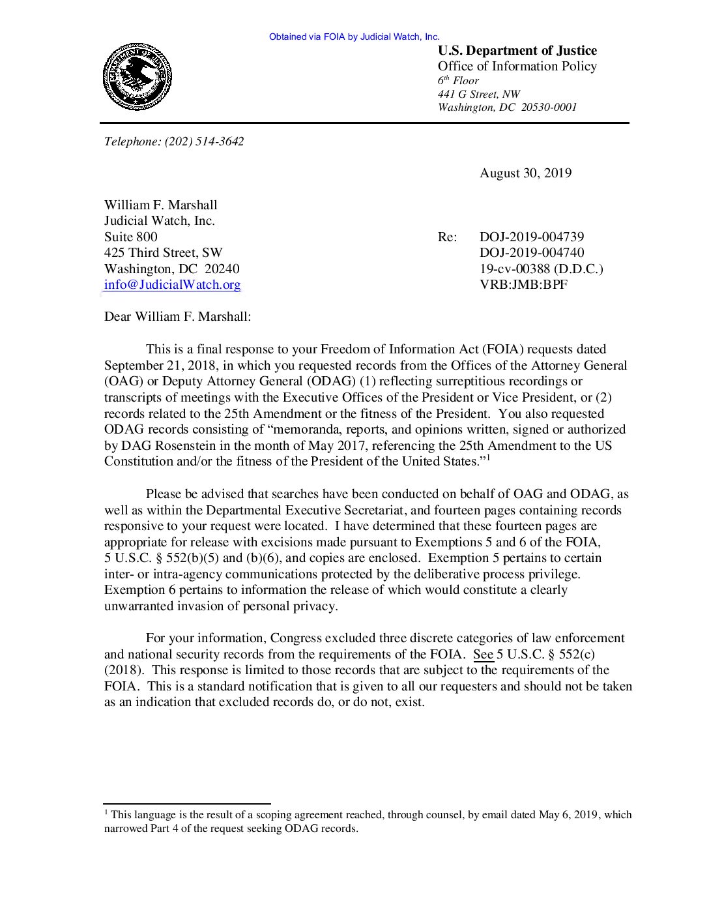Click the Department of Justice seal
click(x=137, y=77)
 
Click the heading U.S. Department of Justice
click(x=517, y=51)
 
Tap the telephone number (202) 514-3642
click(x=204, y=141)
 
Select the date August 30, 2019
click(x=525, y=173)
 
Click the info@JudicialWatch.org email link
click(x=172, y=285)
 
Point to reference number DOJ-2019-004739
click(x=531, y=237)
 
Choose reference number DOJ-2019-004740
click(x=531, y=253)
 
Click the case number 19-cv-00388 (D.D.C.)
click(x=541, y=269)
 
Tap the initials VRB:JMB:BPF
click(x=523, y=285)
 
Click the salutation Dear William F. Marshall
click(x=177, y=317)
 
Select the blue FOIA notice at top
click(x=354, y=37)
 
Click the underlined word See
click(x=483, y=655)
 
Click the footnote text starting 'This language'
click(x=368, y=822)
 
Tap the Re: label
click(x=447, y=237)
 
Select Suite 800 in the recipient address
click(x=130, y=237)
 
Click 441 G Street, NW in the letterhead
click(x=478, y=95)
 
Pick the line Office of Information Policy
click(x=517, y=67)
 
